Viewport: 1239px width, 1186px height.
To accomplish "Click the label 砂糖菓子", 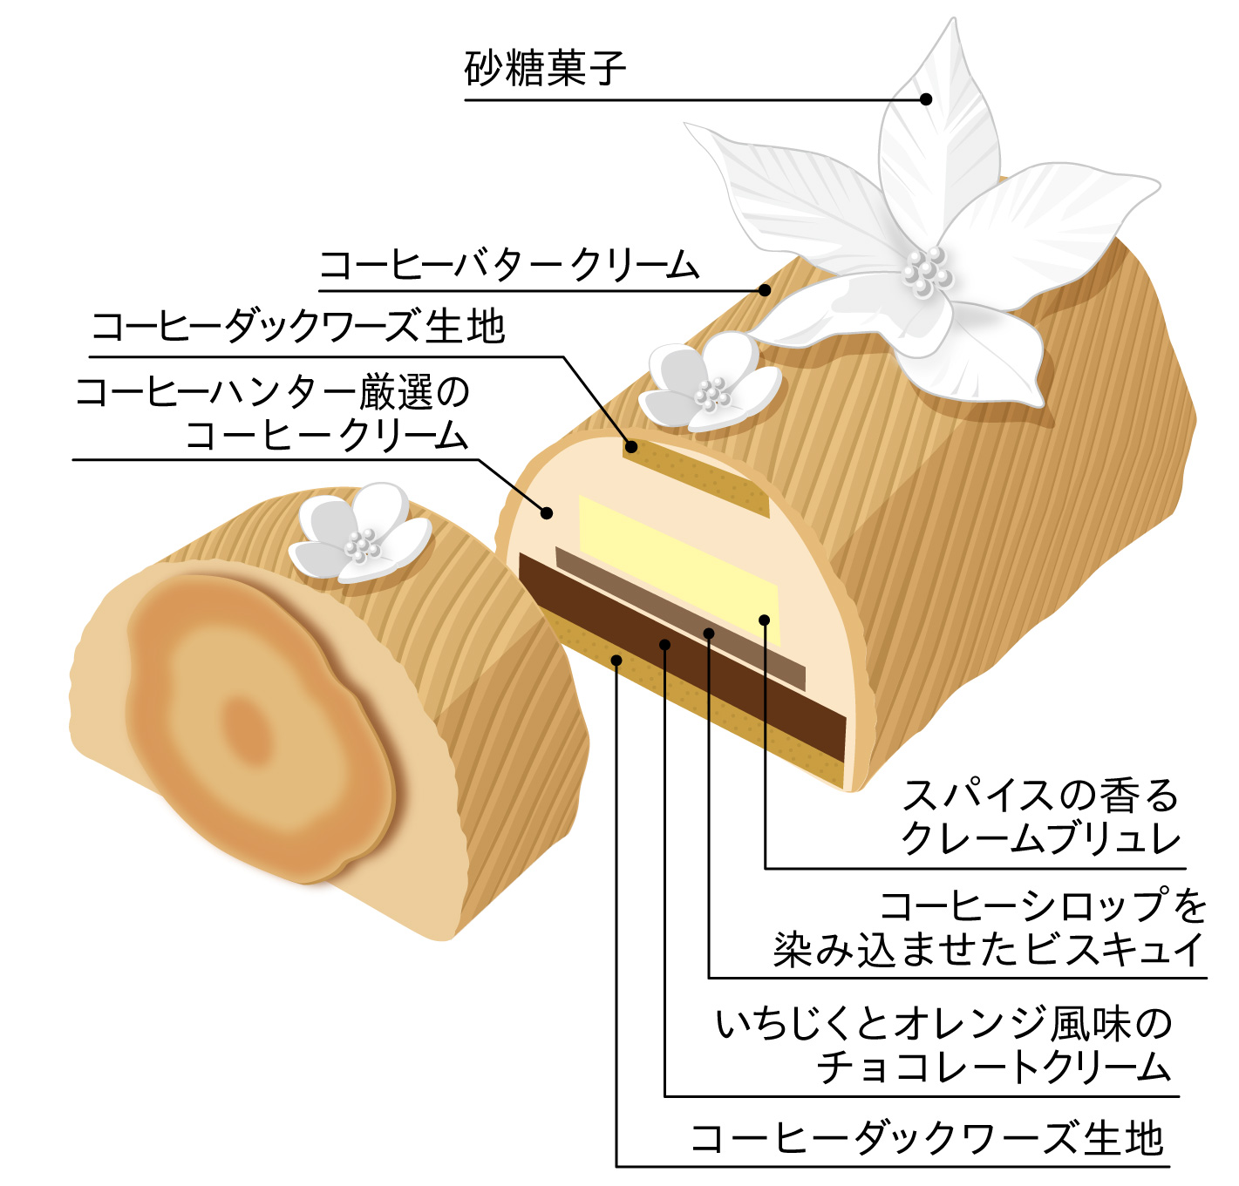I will coord(545,69).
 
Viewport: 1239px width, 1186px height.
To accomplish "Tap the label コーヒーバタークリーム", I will coord(509,264).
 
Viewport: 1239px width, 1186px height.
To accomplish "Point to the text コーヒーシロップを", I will coord(1043,905).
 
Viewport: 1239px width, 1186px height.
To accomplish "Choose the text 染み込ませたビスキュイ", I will coord(989,949).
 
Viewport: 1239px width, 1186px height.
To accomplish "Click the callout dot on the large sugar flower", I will coord(926,99).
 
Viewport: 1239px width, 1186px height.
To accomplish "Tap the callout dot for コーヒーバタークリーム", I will coord(764,289).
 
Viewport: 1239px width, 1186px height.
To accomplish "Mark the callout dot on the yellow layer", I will coord(764,620).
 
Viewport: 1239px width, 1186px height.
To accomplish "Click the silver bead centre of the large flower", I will coord(926,273).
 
